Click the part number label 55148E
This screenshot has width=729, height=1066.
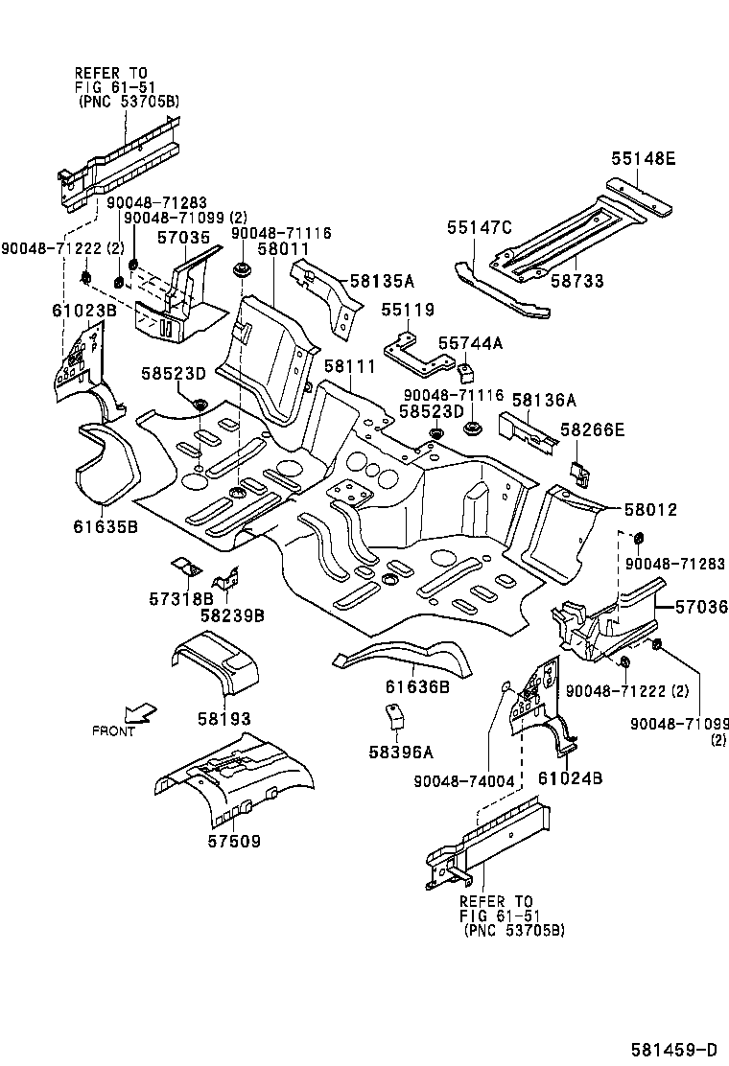643,159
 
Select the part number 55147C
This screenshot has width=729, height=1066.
480,227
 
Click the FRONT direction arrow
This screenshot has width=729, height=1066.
141,712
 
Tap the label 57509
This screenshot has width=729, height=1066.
235,841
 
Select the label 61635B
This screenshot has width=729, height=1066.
105,526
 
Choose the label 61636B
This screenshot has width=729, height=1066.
417,686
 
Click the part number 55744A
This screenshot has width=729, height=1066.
471,342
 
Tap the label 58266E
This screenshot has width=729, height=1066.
593,430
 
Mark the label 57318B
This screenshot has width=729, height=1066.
180,598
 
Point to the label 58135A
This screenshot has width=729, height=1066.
382,281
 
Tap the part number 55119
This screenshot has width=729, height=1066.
408,310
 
